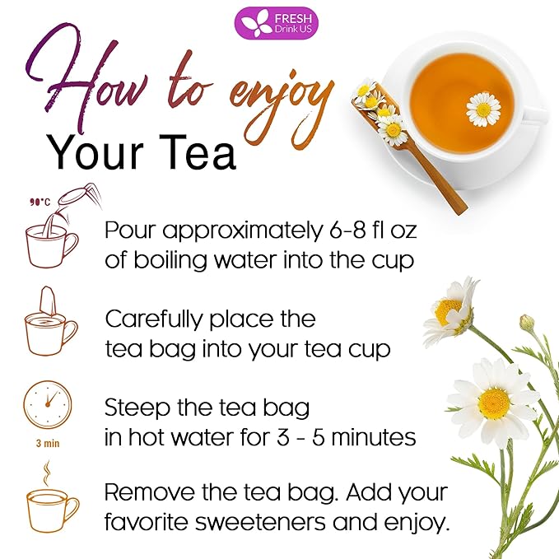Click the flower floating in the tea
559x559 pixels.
point(482,108)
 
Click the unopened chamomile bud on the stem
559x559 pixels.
point(526,324)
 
